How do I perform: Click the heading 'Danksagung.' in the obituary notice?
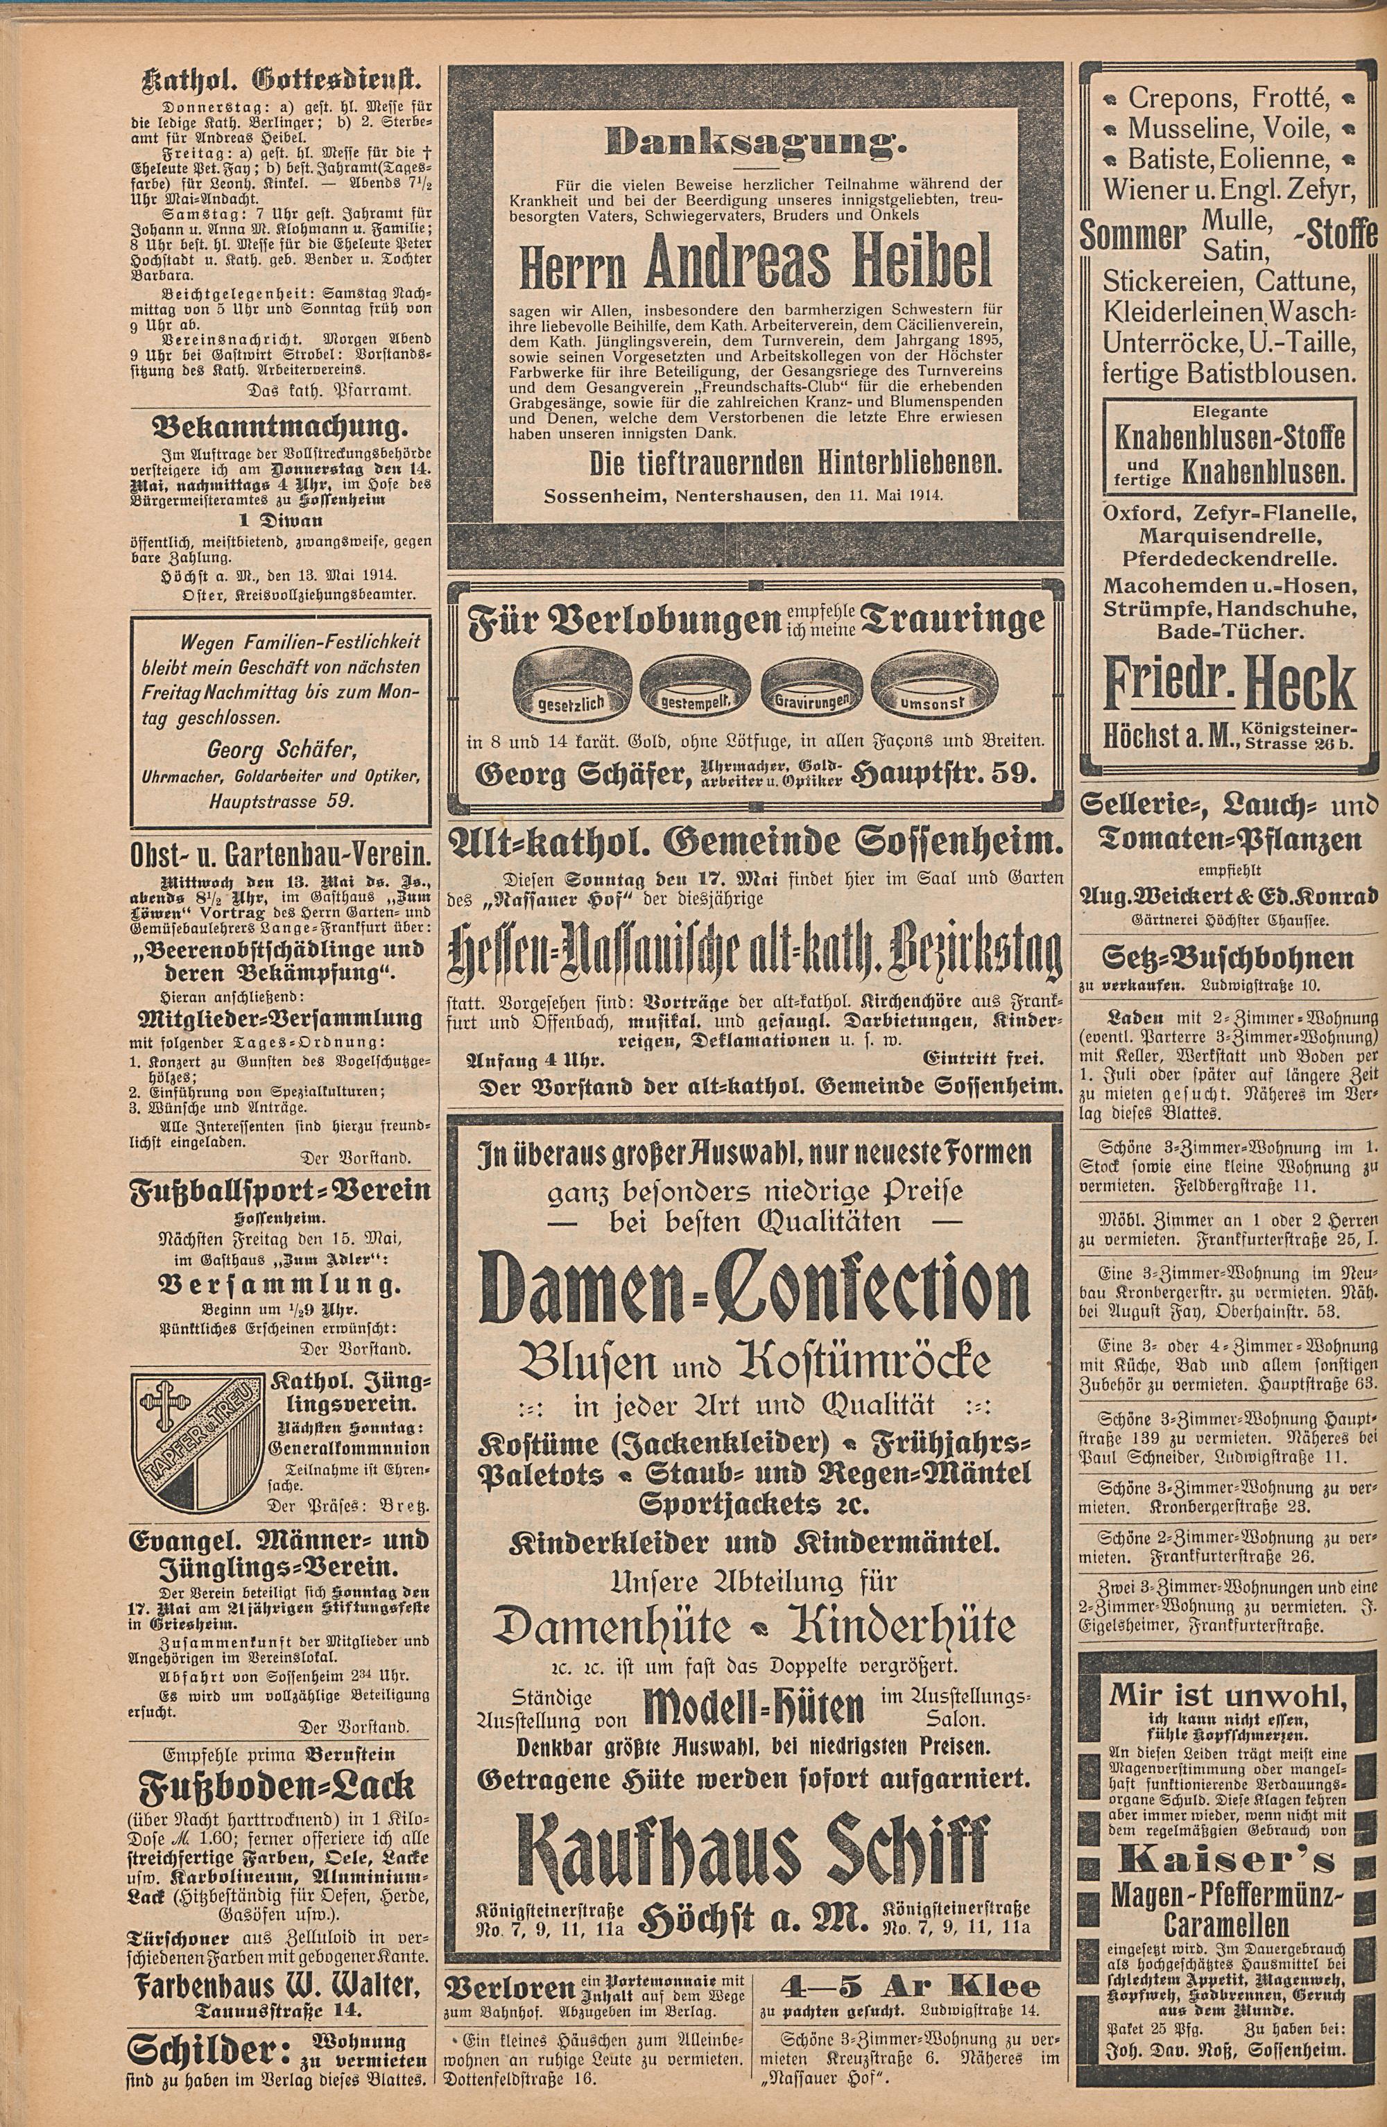(756, 139)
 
